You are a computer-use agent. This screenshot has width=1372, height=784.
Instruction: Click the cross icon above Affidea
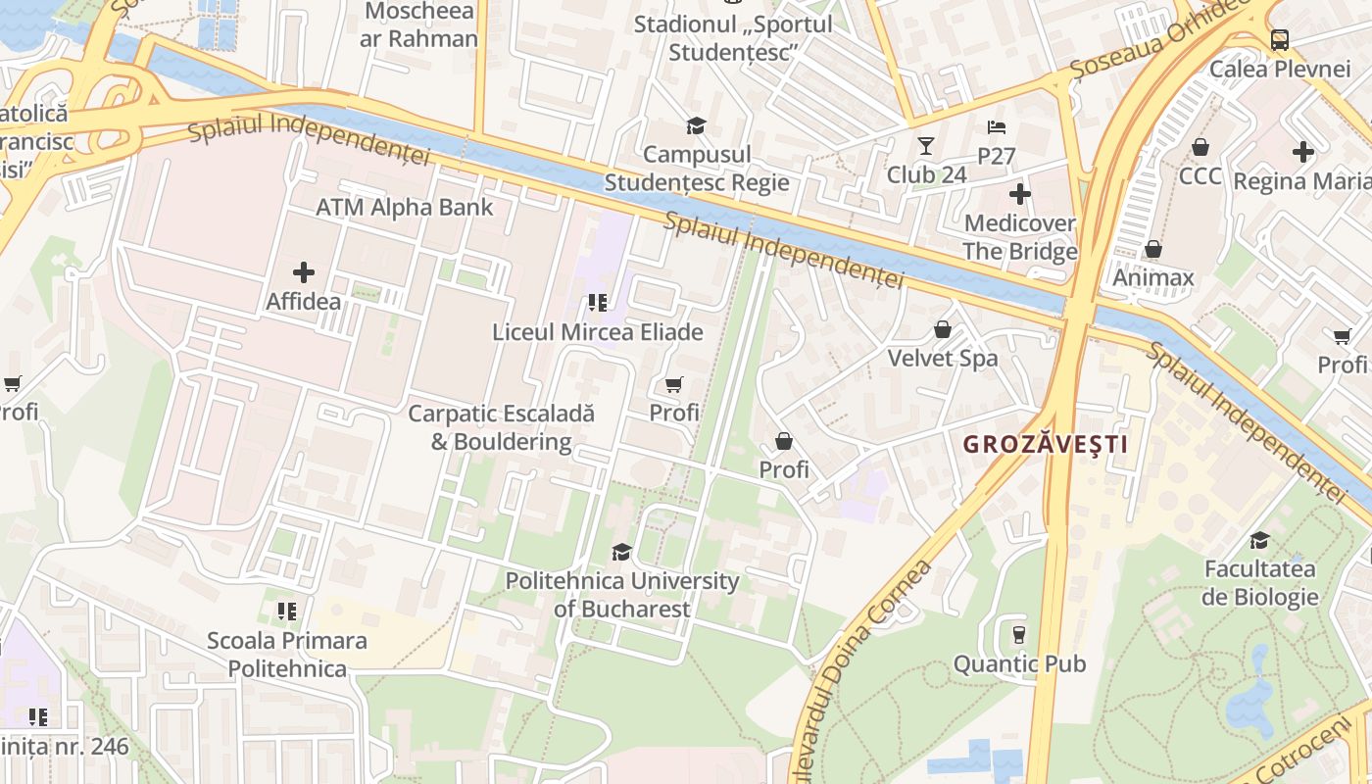[x=304, y=272]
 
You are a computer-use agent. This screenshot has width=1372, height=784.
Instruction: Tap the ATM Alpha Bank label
[x=405, y=208]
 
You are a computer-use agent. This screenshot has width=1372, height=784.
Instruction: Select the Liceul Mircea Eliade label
[x=597, y=332]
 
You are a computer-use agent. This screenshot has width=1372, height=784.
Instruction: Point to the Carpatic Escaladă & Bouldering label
[x=501, y=427]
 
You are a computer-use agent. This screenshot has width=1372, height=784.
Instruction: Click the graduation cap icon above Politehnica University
[x=621, y=552]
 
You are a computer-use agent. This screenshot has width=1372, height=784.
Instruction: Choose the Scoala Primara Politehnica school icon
[x=286, y=612]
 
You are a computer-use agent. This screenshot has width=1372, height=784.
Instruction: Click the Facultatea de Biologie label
[x=1260, y=583]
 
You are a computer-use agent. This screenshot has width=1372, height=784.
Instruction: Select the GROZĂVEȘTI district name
[x=1045, y=444]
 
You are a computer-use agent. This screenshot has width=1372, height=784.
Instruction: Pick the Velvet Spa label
[x=942, y=359]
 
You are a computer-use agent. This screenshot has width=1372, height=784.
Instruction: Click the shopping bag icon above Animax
[x=1153, y=249]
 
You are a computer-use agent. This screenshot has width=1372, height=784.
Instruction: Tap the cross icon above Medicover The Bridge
[x=1019, y=194]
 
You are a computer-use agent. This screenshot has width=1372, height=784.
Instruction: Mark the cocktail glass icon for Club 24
[x=925, y=147]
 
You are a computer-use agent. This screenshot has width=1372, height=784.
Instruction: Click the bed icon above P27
[x=996, y=127]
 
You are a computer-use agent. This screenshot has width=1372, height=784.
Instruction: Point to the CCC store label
[x=1200, y=175]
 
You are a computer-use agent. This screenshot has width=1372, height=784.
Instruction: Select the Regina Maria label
[x=1301, y=181]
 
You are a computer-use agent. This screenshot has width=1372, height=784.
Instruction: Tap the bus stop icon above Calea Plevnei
[x=1279, y=40]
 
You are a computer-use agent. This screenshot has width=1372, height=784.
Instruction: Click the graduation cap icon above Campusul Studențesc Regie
[x=696, y=125]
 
